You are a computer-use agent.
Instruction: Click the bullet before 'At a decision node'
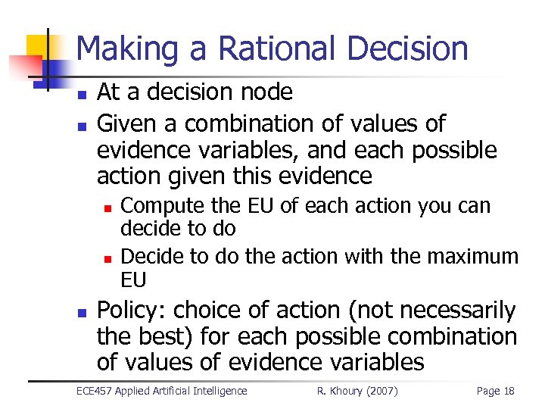pyautogui.click(x=83, y=95)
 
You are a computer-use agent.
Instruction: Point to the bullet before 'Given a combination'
pyautogui.click(x=83, y=126)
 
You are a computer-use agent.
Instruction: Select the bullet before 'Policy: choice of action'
pyautogui.click(x=83, y=313)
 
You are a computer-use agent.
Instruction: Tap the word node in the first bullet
pyautogui.click(x=267, y=92)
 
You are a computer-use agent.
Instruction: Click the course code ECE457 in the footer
pyautogui.click(x=95, y=391)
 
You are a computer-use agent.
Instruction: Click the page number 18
pyautogui.click(x=507, y=391)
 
